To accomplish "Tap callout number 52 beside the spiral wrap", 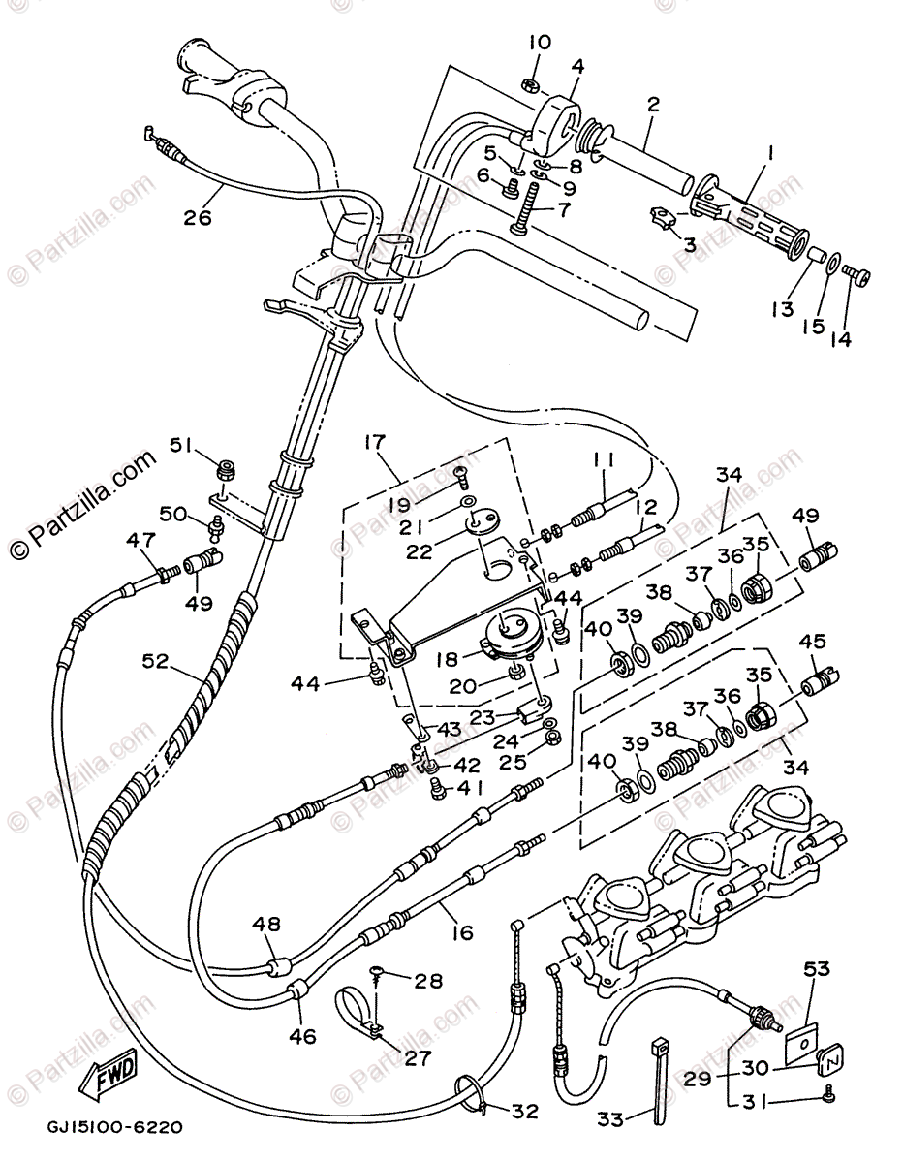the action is (x=155, y=662).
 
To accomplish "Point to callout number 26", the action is (x=198, y=217).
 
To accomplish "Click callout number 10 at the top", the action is (x=541, y=43).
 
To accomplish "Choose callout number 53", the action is (x=817, y=969).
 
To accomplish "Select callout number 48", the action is (x=267, y=924).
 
